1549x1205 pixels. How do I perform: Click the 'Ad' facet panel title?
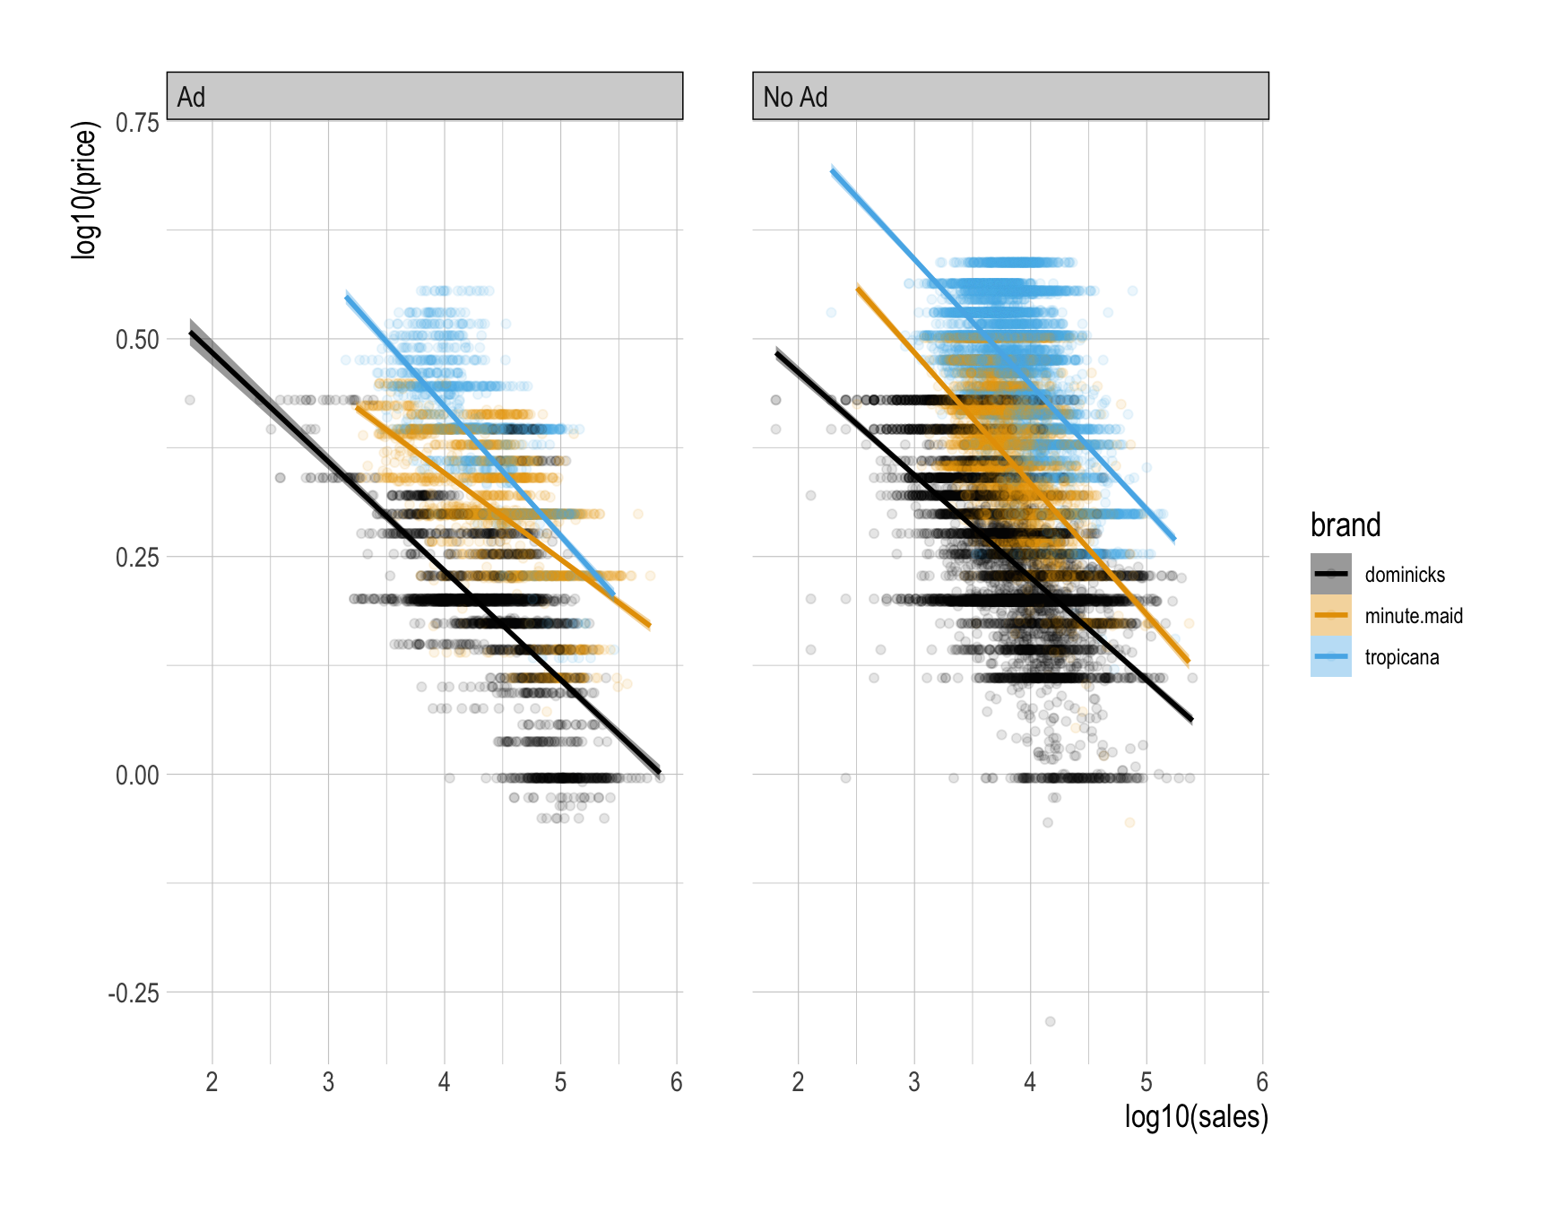click(191, 97)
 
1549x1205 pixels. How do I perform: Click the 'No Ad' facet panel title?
click(795, 97)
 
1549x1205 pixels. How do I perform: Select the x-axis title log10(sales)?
click(1196, 1117)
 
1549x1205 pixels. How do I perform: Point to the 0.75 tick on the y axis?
click(137, 122)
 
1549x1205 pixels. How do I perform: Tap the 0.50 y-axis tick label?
click(137, 340)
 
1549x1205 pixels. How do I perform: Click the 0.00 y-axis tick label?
click(137, 776)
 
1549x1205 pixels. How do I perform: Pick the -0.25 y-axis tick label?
click(134, 993)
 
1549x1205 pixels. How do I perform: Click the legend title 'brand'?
click(1345, 525)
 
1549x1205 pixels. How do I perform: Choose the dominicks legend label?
click(1405, 575)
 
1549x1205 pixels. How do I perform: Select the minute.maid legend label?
click(1414, 616)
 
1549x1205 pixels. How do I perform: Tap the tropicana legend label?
click(1402, 657)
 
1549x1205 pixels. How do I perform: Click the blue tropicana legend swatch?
click(1330, 657)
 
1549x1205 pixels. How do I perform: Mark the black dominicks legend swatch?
click(1330, 575)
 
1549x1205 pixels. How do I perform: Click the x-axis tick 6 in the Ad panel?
click(677, 1083)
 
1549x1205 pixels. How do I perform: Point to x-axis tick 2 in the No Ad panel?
click(798, 1083)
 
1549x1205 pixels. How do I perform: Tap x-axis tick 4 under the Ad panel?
click(445, 1083)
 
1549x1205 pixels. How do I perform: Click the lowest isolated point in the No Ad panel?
click(1050, 1021)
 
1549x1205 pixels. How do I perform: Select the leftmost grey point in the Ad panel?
click(190, 400)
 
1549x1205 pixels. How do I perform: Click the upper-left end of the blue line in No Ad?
click(833, 169)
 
